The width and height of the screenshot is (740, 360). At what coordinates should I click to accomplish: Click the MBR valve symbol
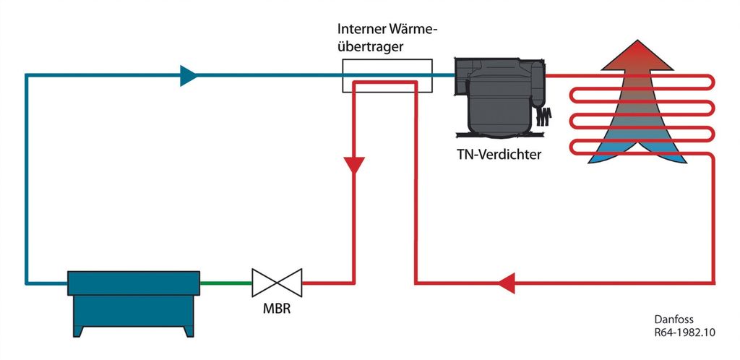pos(277,283)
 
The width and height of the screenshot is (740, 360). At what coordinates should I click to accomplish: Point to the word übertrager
pos(370,47)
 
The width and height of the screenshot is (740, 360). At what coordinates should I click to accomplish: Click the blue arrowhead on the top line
pos(189,75)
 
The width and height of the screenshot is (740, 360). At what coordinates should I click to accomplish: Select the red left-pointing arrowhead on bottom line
pos(507,283)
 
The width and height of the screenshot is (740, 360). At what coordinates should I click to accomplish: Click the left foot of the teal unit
pos(78,331)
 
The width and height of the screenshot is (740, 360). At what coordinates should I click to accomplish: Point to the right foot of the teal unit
pos(189,331)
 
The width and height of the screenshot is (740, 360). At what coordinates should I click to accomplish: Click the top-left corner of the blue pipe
pos(27,75)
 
